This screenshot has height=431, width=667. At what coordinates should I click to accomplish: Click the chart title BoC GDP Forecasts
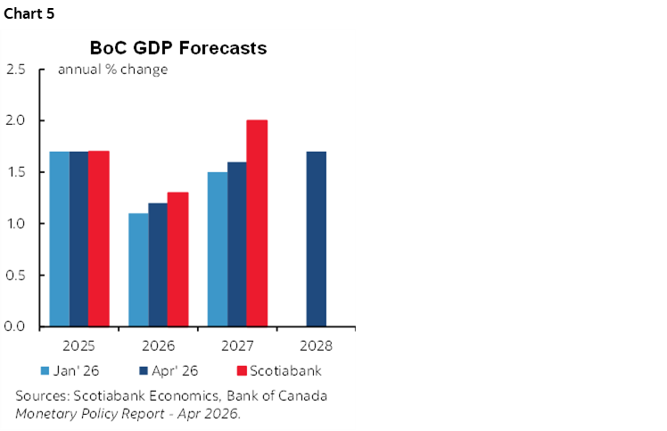(178, 48)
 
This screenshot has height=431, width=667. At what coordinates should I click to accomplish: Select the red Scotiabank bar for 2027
(257, 223)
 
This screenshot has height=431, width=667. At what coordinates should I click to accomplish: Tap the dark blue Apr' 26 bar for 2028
(316, 239)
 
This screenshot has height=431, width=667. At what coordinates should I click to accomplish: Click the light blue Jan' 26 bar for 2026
(138, 269)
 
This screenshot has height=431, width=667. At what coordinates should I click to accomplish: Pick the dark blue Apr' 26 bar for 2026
(158, 264)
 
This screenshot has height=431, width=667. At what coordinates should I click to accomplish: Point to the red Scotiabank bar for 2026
(177, 259)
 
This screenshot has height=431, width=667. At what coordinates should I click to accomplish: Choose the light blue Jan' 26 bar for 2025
(59, 239)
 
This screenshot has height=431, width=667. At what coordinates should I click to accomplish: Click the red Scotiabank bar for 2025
(98, 239)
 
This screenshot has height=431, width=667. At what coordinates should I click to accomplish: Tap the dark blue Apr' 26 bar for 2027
(237, 244)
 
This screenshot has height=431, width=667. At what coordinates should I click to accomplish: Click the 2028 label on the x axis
(316, 344)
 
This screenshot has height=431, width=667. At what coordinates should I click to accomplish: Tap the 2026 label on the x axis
(158, 344)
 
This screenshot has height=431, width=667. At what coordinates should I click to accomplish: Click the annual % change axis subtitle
(112, 70)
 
